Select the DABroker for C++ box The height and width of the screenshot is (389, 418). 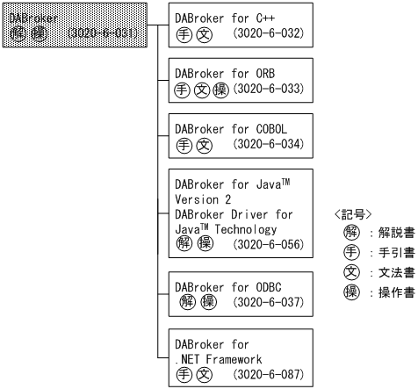click(x=241, y=26)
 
